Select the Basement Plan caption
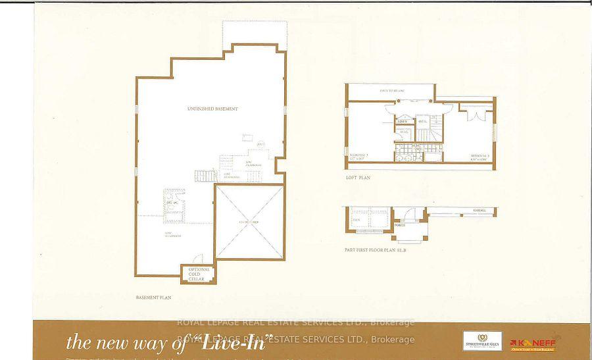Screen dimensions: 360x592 pyautogui.click(x=153, y=297)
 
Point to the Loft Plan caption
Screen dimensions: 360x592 pyautogui.click(x=358, y=177)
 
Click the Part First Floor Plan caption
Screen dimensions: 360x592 pyautogui.click(x=378, y=250)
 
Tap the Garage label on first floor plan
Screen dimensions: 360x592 pyautogui.click(x=479, y=211)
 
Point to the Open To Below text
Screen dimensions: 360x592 pyautogui.click(x=391, y=90)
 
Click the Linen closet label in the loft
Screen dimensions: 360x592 pyautogui.click(x=403, y=122)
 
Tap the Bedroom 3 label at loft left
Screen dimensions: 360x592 pyautogui.click(x=359, y=156)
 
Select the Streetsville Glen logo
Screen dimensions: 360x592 pyautogui.click(x=482, y=341)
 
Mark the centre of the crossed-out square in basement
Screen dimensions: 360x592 pyautogui.click(x=250, y=222)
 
